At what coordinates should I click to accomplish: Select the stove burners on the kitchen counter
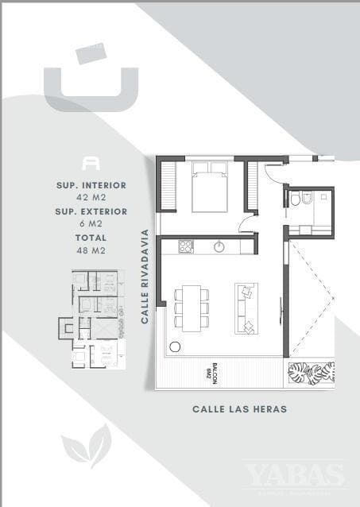click(x=186, y=246)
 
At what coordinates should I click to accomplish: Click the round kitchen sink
click(x=219, y=247)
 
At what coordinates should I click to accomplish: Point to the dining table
click(x=191, y=307)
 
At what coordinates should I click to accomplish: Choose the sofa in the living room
click(x=246, y=308)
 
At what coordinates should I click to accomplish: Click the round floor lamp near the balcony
click(x=175, y=347)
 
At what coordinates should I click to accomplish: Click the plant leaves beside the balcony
click(x=311, y=373)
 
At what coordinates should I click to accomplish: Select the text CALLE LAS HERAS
click(x=239, y=409)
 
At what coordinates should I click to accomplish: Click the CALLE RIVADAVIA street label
click(x=145, y=277)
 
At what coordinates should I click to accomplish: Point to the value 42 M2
click(x=91, y=197)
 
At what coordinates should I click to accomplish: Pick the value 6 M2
click(x=91, y=223)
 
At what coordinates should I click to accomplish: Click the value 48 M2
click(x=91, y=250)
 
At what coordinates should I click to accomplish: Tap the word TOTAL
click(x=91, y=238)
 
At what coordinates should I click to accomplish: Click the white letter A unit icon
click(x=91, y=162)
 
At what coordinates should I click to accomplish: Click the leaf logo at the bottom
click(x=87, y=444)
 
